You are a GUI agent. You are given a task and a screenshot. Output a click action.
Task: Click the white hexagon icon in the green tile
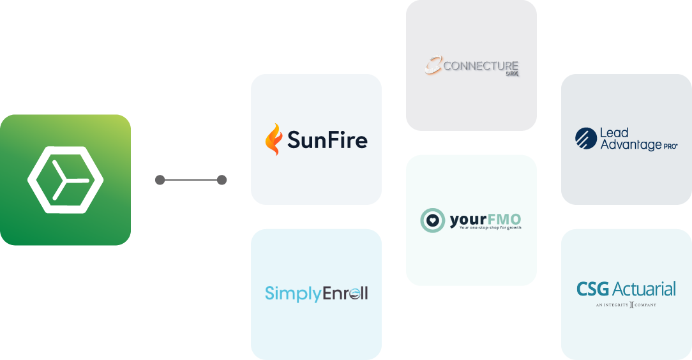pyautogui.click(x=65, y=179)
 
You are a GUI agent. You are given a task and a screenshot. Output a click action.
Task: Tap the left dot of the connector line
pyautogui.click(x=160, y=180)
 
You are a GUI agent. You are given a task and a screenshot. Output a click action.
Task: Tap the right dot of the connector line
pyautogui.click(x=222, y=180)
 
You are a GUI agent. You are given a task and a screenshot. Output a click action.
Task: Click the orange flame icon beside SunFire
pyautogui.click(x=273, y=140)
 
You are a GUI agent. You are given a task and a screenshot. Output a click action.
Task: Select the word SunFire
pyautogui.click(x=327, y=140)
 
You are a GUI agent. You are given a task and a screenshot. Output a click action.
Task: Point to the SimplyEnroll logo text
pyautogui.click(x=316, y=294)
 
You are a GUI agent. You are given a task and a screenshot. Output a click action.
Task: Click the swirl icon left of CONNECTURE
pyautogui.click(x=433, y=65)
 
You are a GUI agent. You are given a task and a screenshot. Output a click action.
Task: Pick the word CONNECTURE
pyautogui.click(x=480, y=65)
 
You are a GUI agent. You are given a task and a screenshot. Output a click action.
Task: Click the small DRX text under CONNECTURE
pyautogui.click(x=511, y=73)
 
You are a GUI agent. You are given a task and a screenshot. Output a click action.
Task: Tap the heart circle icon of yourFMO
pyautogui.click(x=432, y=220)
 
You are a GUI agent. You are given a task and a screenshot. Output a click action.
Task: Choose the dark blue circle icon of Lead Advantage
pyautogui.click(x=585, y=139)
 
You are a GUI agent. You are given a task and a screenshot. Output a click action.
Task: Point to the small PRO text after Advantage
pyautogui.click(x=670, y=146)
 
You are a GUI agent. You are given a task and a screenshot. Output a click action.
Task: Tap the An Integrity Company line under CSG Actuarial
pyautogui.click(x=626, y=305)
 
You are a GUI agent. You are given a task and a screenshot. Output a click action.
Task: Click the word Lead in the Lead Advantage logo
pyautogui.click(x=614, y=133)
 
